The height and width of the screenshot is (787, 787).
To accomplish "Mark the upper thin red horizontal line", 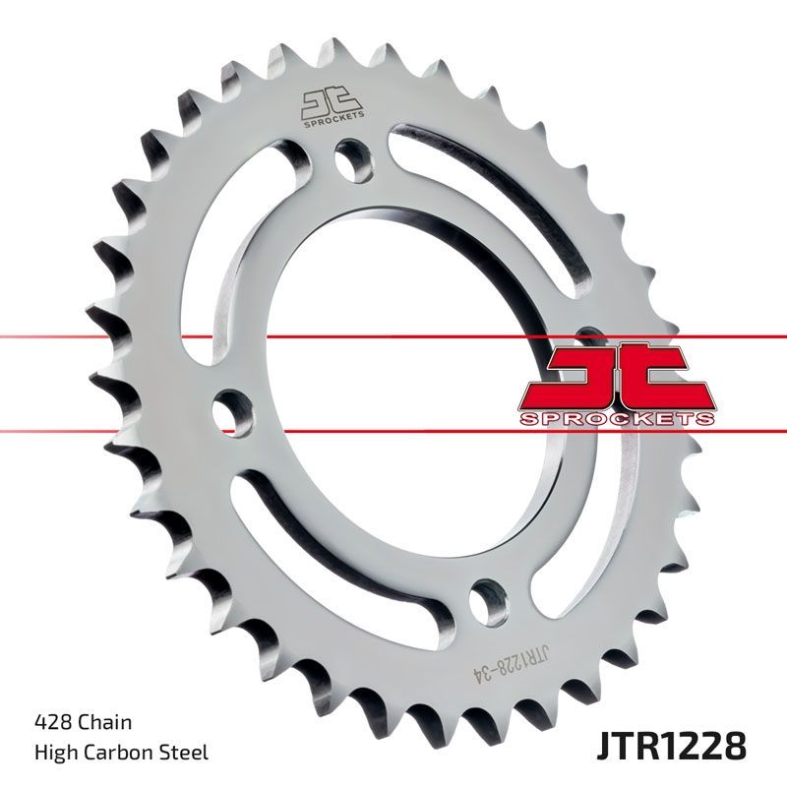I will click(98, 337).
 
